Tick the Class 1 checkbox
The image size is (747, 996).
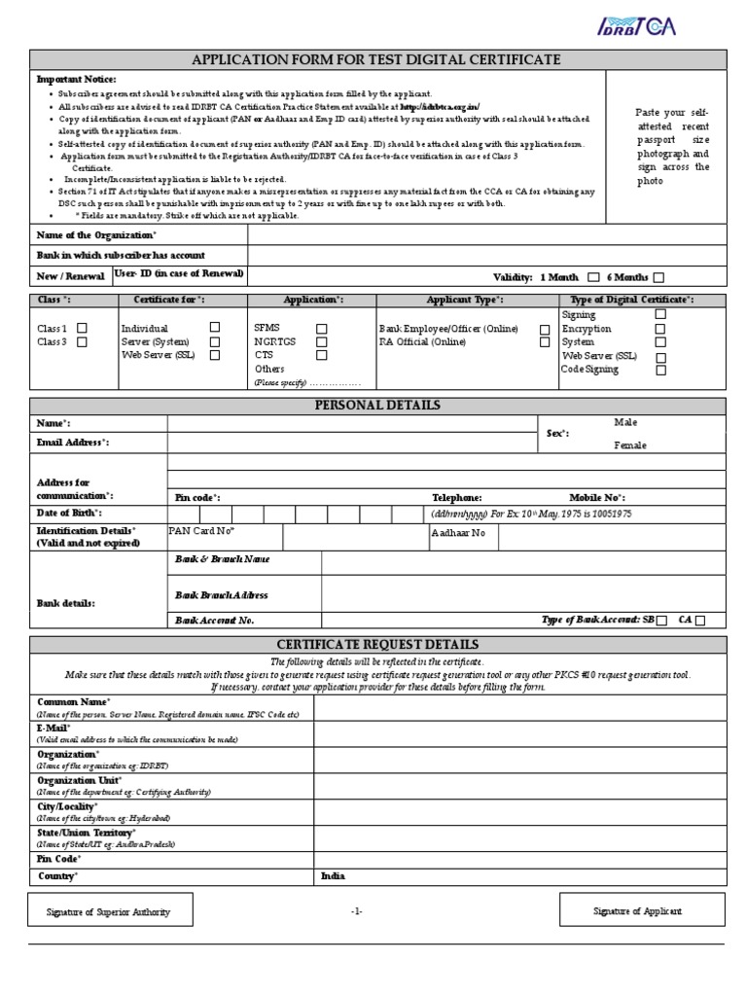coord(82,329)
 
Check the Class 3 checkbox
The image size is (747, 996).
coord(82,342)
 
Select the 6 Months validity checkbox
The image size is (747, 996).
coord(658,277)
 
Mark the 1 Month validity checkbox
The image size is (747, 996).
coord(593,277)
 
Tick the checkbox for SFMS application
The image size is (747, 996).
coord(321,329)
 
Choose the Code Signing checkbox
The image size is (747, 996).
coord(660,370)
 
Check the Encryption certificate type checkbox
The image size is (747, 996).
coord(660,329)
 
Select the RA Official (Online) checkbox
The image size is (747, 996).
coord(545,342)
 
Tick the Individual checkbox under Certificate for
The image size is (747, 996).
coord(215,328)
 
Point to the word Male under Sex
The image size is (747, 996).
coord(625,422)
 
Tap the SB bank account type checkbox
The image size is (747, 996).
coord(661,620)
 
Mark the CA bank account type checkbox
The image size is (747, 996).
coord(700,620)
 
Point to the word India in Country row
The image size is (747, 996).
coord(333,876)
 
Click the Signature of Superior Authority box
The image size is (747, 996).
coord(109,911)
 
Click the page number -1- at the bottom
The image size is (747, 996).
coord(357,911)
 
